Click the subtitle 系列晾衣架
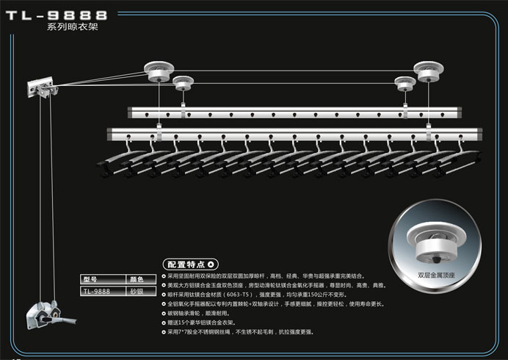point(72,27)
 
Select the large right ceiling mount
point(429,71)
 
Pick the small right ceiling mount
point(402,82)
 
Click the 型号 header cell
point(92,280)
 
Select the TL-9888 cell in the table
point(96,291)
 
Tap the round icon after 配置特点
point(211,264)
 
